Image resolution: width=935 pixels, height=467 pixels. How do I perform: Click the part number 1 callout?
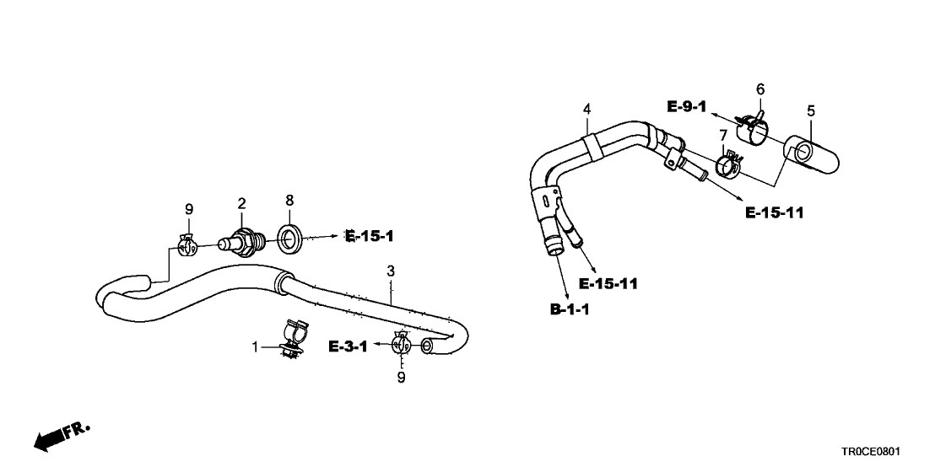click(255, 347)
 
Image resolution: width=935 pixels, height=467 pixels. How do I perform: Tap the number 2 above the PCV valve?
click(241, 203)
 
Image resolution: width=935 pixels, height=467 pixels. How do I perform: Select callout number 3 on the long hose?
click(391, 271)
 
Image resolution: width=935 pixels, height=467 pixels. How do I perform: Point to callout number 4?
click(587, 109)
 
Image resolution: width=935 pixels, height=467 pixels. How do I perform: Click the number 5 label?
click(811, 110)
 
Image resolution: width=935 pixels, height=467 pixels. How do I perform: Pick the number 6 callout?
click(759, 89)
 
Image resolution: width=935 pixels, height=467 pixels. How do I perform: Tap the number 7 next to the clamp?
click(723, 136)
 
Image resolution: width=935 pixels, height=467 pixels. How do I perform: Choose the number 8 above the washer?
click(289, 201)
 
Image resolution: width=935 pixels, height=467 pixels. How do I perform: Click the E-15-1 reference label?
click(370, 237)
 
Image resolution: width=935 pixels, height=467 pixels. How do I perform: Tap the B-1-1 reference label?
click(570, 310)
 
